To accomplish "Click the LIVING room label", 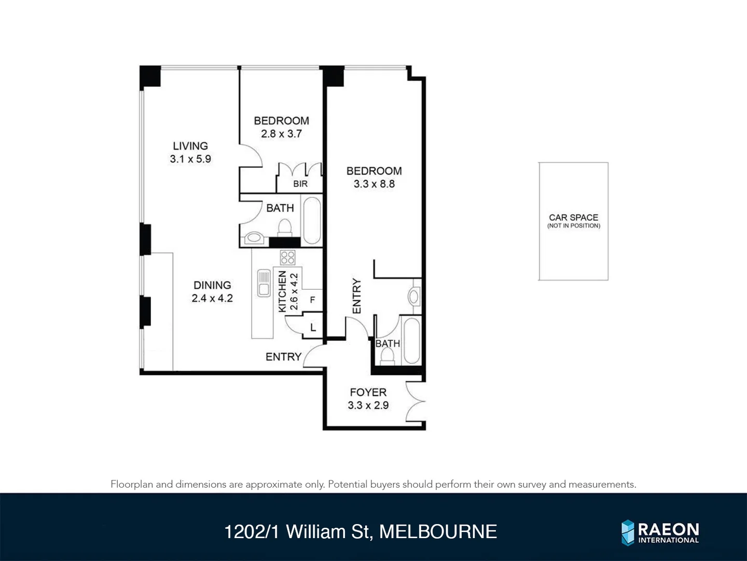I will (190, 146).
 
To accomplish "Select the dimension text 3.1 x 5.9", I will (190, 159).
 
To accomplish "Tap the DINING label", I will (212, 285).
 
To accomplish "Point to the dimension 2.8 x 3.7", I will (281, 133).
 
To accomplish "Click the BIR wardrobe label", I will (300, 184).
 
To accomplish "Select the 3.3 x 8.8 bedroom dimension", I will (374, 184).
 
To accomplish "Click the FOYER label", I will (368, 392).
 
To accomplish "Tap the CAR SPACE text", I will (573, 217).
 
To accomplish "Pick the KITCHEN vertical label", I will (282, 291).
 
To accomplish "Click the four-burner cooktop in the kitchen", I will (287, 257).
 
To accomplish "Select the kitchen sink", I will (264, 283).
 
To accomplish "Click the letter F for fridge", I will (312, 300).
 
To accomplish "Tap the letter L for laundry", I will (313, 328).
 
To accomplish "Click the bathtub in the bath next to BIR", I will (312, 220).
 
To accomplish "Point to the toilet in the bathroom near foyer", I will (387, 356).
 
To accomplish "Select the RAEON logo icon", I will (628, 532).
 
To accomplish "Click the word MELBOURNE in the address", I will (438, 532).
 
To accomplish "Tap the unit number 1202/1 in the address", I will (252, 532).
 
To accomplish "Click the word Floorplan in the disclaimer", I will (132, 484).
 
